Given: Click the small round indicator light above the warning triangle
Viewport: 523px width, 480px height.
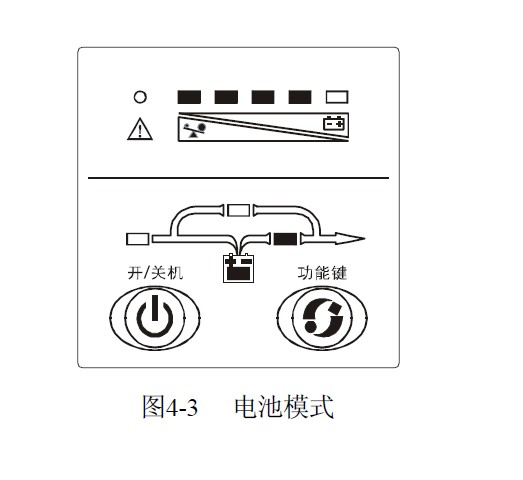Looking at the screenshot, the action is pos(140,97).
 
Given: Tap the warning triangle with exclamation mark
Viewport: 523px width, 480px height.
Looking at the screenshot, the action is pos(140,129).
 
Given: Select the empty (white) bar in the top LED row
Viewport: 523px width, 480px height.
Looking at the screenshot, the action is pos(337,97).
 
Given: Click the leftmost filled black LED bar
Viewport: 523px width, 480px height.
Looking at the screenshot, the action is pos(189,97).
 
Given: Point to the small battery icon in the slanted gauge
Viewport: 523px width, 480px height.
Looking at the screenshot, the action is pos(334,123).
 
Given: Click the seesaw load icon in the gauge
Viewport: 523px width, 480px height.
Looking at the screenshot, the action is pos(194,130).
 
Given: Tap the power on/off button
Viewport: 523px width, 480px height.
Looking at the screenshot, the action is pos(155,317).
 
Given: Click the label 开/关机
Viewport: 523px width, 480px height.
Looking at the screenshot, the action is pos(155,273).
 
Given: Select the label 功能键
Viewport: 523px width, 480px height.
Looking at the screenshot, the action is pos(322,273).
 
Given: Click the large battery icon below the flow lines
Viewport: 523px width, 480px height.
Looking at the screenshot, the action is pos(238,269).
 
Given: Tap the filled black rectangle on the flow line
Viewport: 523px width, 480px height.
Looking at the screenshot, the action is pos(285,239).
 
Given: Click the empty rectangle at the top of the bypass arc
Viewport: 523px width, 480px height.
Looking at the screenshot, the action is pos(238,210).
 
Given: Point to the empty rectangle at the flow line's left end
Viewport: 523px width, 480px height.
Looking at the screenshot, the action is pos(137,239).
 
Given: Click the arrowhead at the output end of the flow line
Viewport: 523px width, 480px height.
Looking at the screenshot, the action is pos(350,238).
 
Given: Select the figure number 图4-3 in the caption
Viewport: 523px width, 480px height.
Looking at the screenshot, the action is pos(170,406).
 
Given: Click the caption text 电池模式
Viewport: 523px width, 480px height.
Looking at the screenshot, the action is pos(284,406).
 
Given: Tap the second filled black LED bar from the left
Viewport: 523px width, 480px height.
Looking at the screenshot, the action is pos(226,97).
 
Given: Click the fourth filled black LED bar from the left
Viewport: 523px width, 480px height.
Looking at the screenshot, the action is pos(300,97).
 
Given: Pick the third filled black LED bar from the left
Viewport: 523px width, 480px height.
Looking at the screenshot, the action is pos(263,97).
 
